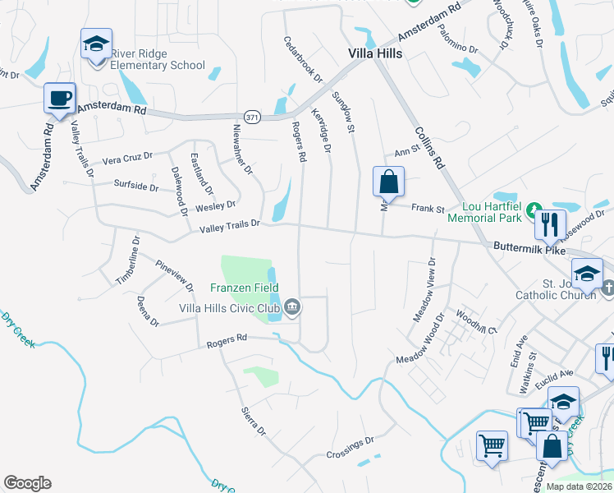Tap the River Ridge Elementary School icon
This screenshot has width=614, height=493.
tap(96, 44)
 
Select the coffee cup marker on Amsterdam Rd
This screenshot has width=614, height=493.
tap(60, 99)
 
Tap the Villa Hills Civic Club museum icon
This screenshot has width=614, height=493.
tap(292, 308)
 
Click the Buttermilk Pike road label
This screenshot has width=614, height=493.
tap(529, 246)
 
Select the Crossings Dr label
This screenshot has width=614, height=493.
tap(350, 447)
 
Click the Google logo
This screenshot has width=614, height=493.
tap(27, 483)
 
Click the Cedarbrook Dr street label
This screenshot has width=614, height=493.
tap(303, 58)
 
